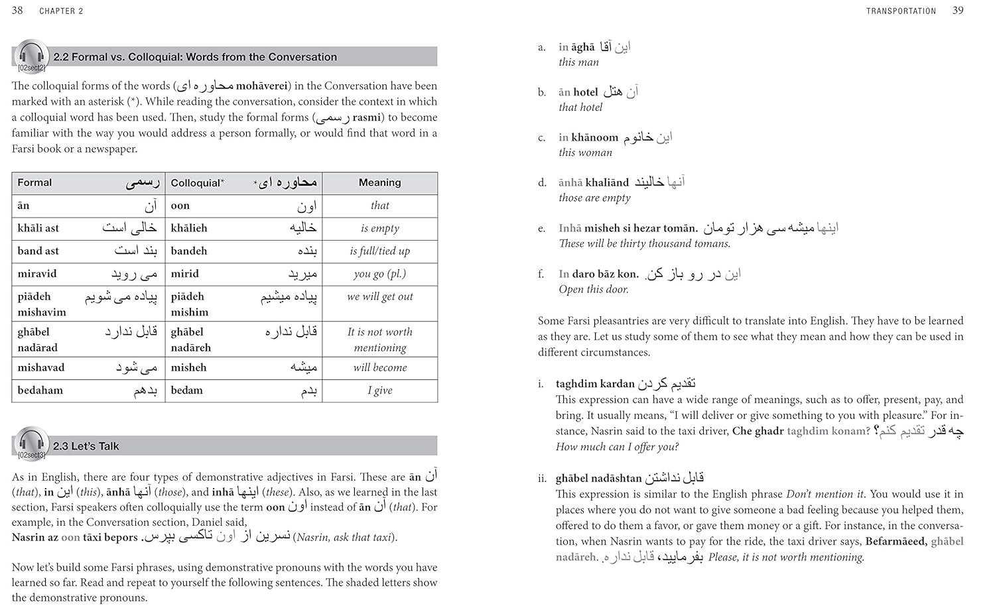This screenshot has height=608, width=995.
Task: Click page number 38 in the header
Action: [x=17, y=11]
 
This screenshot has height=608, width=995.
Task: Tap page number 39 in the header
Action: [x=958, y=11]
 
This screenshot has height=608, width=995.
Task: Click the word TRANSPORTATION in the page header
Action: [x=901, y=11]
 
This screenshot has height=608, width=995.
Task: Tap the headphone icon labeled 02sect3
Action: [x=31, y=444]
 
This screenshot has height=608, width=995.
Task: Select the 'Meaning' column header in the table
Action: [x=379, y=182]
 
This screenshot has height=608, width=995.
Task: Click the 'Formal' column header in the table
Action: [x=34, y=182]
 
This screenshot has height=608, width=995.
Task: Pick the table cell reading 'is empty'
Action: [x=379, y=228]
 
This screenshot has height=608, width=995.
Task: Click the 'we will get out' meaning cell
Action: [x=379, y=296]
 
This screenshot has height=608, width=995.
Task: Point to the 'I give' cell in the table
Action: [x=379, y=391]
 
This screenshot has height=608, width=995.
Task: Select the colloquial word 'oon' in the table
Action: [x=180, y=206]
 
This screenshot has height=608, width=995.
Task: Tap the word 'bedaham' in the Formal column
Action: [x=40, y=391]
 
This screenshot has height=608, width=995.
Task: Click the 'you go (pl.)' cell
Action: [x=379, y=274]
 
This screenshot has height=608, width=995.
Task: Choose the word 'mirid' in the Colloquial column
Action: [x=185, y=274]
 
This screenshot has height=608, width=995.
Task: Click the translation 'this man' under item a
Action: [x=578, y=62]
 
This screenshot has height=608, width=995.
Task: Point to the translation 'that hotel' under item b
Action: [x=580, y=107]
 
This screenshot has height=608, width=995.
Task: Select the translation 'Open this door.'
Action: [x=594, y=289]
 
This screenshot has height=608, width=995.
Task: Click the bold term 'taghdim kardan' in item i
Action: [x=595, y=384]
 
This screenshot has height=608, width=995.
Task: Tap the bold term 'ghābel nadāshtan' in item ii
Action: [x=598, y=478]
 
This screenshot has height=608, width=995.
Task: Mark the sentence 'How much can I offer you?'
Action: [x=617, y=447]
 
